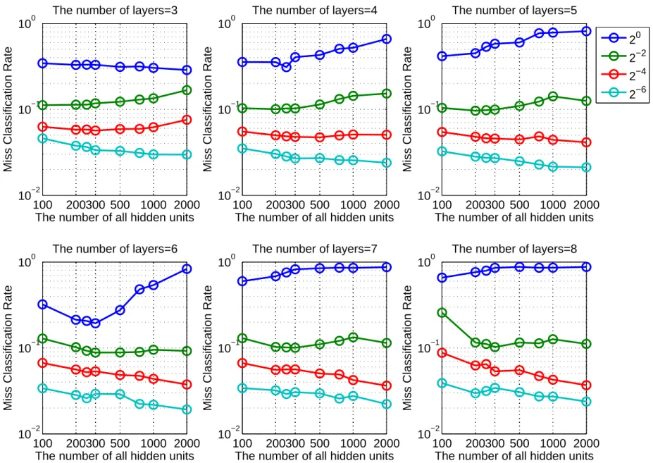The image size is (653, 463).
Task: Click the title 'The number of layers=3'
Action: (115, 10)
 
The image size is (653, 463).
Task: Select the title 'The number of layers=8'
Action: (514, 249)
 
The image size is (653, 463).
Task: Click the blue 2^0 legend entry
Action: (622, 38)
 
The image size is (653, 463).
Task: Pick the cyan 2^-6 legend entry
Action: (622, 93)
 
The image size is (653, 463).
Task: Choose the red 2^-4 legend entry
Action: (622, 75)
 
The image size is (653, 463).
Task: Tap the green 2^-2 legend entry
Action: (622, 56)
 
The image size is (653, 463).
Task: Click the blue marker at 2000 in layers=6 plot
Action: (187, 268)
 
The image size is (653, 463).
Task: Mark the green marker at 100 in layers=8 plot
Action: (442, 313)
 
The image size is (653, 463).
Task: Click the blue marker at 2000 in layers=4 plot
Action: (387, 39)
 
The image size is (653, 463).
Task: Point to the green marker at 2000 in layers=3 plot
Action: (187, 90)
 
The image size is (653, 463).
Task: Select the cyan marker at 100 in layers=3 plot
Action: (42, 138)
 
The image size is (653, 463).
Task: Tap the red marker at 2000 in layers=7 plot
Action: (387, 385)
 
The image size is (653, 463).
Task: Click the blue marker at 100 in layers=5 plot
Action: (442, 56)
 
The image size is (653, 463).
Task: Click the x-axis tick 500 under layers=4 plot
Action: (319, 205)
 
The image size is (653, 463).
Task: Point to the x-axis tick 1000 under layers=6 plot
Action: (154, 443)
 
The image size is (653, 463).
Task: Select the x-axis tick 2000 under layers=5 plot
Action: (586, 205)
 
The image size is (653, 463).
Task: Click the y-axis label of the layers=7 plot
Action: (207, 347)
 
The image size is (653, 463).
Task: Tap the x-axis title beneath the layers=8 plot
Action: (514, 455)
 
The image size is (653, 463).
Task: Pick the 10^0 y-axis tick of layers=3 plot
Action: (27, 23)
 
